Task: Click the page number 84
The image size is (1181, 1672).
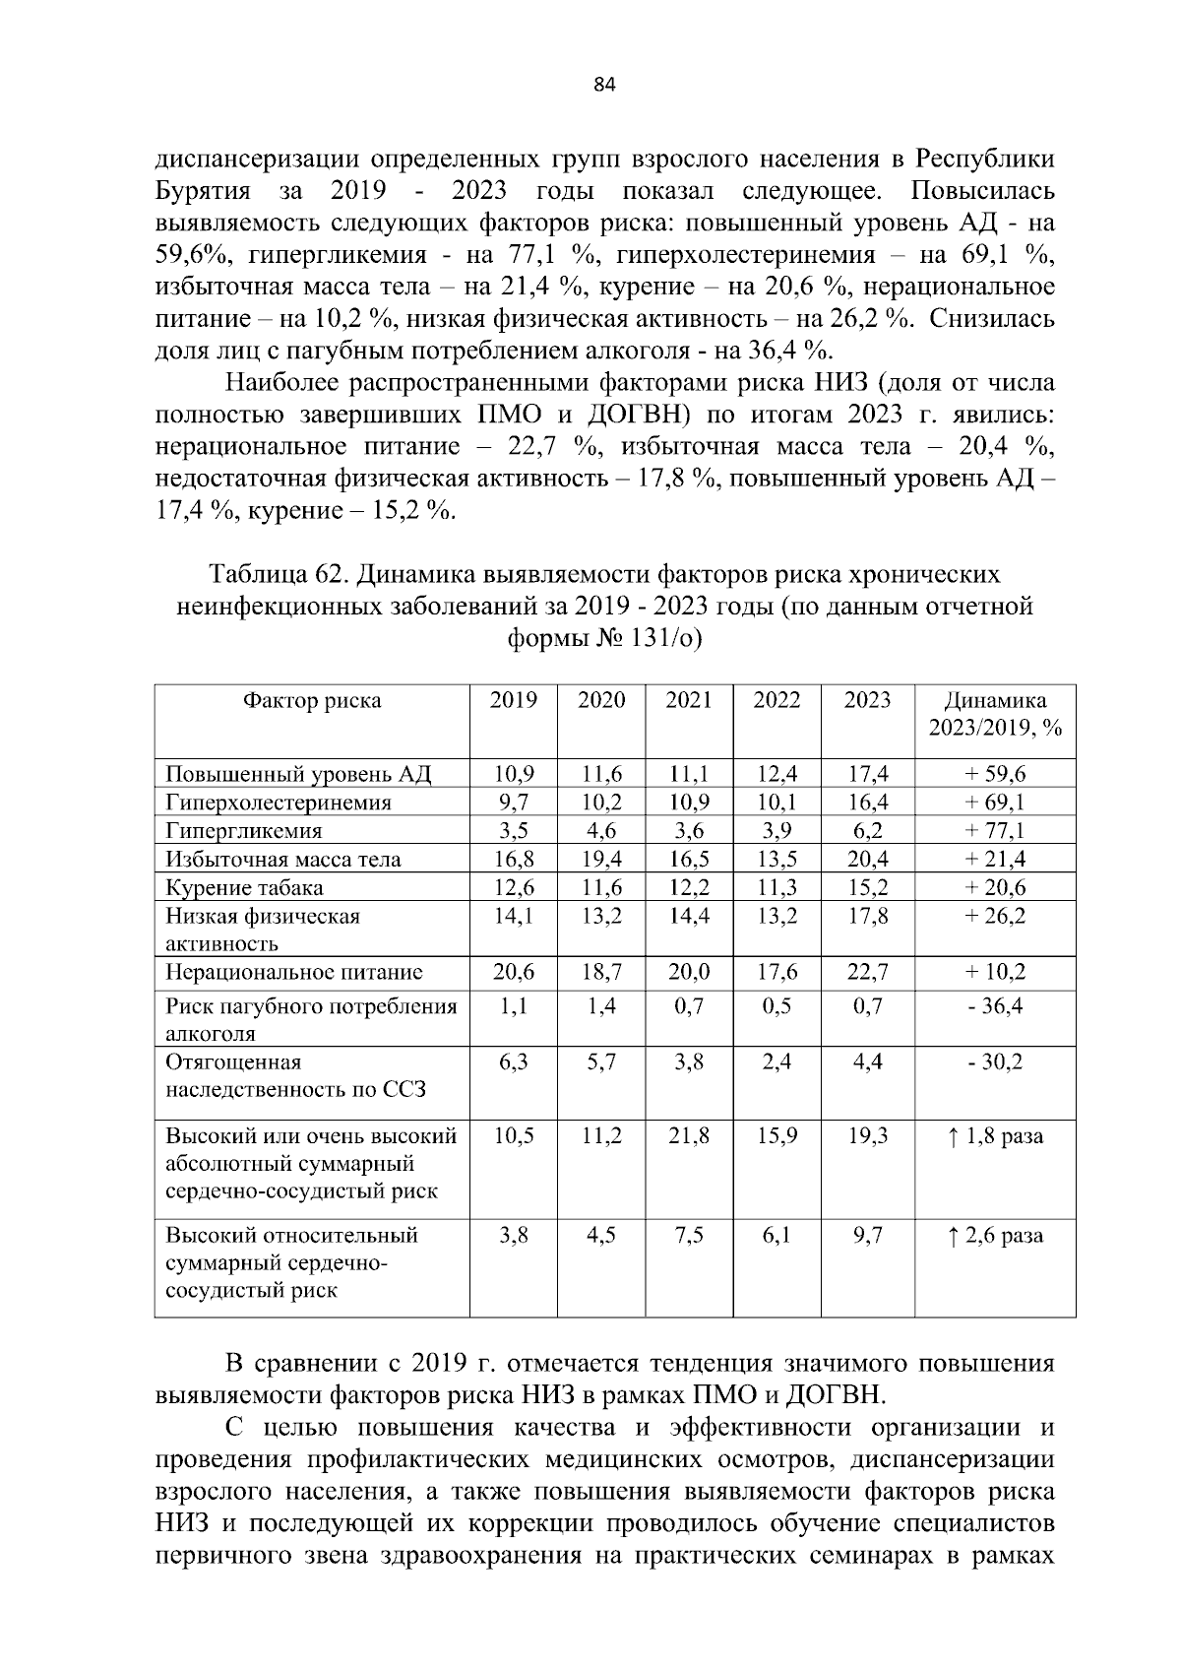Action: pos(604,85)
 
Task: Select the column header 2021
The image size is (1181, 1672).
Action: pos(689,700)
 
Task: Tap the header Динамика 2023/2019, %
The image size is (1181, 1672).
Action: pos(995,715)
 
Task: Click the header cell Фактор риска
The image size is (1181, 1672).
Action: pos(312,700)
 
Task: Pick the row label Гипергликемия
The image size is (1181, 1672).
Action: pos(243,831)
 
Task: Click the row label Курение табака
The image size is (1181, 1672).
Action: pos(244,888)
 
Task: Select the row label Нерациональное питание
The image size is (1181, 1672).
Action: pos(293,972)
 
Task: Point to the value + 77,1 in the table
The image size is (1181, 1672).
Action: pos(995,831)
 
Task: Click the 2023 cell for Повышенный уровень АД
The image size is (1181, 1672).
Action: pos(868,774)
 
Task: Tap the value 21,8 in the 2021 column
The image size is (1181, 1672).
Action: pos(689,1135)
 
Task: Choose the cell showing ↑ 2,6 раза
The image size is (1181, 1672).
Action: pos(995,1235)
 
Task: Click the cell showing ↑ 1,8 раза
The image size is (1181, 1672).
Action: pos(995,1135)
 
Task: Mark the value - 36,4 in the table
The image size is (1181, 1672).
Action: pos(995,1006)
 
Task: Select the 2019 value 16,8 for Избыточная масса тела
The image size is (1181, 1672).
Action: pos(514,860)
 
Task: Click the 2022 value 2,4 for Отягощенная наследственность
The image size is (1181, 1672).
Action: pos(777,1062)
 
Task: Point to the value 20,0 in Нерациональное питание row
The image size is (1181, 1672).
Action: pos(689,972)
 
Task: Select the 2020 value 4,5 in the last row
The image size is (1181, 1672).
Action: pos(601,1235)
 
